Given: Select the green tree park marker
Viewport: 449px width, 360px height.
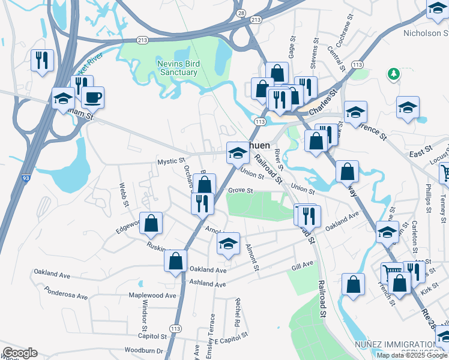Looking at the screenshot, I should tap(394, 74).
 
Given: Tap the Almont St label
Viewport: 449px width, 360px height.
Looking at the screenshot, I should tap(252, 257).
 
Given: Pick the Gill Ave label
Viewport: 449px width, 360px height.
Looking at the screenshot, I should tap(303, 264).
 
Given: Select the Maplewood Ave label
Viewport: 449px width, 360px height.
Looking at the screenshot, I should tap(152, 295).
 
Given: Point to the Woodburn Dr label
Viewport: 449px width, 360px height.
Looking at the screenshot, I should tap(143, 350).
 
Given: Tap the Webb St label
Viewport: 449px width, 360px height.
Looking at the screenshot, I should tap(124, 194).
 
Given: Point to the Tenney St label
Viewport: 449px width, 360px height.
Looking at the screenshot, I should tap(443, 208).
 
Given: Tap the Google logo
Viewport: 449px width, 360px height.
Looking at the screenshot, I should tap(20, 353).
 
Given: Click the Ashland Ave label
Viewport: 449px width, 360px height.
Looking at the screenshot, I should tap(207, 282).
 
